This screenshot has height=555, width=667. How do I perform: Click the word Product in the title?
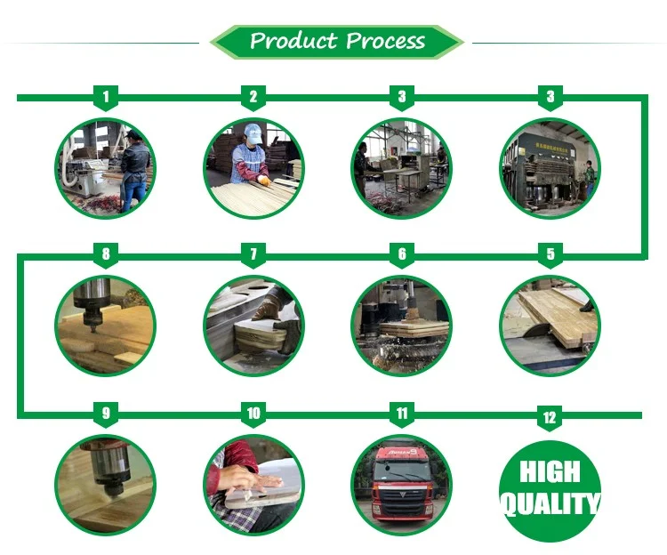tap(293, 41)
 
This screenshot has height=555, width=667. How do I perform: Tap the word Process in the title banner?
tap(385, 41)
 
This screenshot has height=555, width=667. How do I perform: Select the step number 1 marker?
tap(106, 97)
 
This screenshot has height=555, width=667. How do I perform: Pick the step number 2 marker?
tap(253, 97)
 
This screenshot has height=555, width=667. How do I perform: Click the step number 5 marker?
tap(550, 254)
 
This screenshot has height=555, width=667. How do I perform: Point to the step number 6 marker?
tap(402, 254)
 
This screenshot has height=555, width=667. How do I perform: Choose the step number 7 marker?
tap(253, 254)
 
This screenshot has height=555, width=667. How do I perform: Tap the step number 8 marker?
tap(106, 254)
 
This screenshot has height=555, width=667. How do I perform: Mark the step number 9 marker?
tap(106, 414)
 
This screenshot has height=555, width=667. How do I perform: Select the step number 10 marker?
tap(253, 414)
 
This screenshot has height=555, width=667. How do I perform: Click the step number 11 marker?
tap(402, 414)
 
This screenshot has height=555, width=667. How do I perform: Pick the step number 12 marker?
tap(550, 418)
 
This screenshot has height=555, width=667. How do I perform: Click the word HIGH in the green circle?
tap(550, 471)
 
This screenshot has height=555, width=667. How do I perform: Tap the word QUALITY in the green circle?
tap(550, 504)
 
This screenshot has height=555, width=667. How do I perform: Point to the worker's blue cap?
tap(253, 133)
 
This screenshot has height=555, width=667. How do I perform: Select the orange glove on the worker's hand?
tap(265, 181)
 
